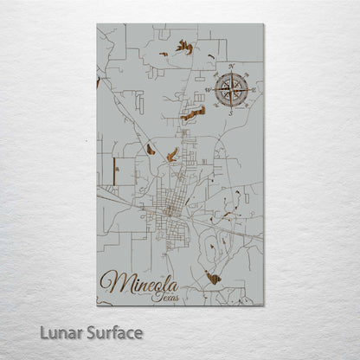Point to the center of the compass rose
(231, 89)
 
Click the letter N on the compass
(231, 67)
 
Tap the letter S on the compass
(231, 112)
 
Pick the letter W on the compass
(208, 89)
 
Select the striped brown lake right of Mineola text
(213, 276)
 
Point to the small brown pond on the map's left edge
(99, 82)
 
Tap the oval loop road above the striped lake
(212, 250)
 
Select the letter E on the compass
(254, 89)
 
